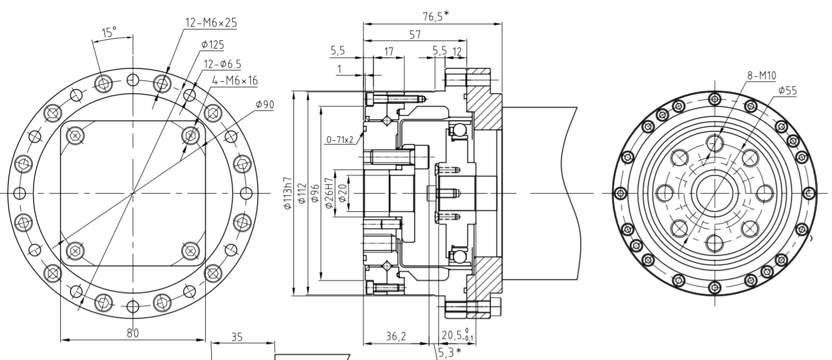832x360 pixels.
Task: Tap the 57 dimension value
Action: click(415, 34)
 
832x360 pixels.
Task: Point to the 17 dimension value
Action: click(389, 52)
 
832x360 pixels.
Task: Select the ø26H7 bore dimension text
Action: click(330, 193)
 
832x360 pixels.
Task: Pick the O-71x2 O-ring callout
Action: click(340, 139)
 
